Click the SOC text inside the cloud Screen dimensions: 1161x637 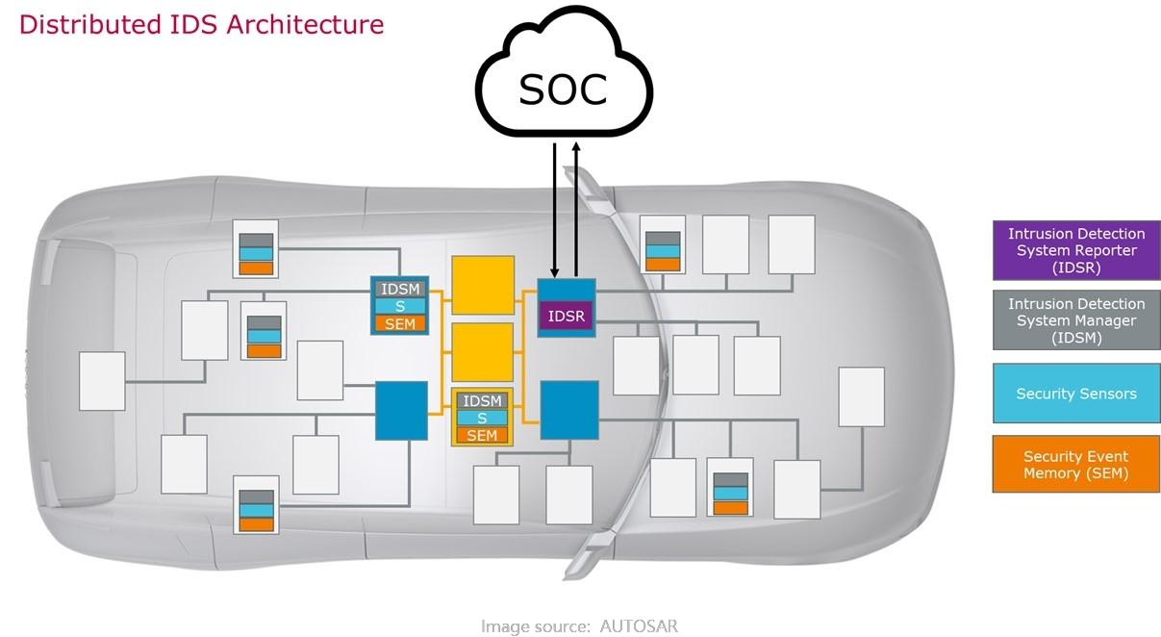[x=563, y=89]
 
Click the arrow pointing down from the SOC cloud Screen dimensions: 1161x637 [x=555, y=211]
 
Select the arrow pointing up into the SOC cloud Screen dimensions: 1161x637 [x=576, y=210]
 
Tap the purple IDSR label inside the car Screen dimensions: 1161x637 [x=566, y=316]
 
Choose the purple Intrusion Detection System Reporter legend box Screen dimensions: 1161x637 [x=1076, y=250]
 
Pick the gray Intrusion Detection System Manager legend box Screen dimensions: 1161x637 [x=1076, y=320]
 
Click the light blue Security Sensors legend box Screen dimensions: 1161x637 [x=1076, y=394]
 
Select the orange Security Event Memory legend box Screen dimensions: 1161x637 [x=1076, y=465]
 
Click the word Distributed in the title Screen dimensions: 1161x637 [x=89, y=24]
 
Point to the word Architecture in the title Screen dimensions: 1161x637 [x=305, y=24]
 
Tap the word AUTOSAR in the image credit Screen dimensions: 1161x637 [x=639, y=626]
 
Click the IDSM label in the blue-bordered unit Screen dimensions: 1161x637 [x=400, y=289]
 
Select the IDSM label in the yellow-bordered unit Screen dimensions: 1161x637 [x=482, y=400]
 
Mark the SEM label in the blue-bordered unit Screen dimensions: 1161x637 [x=400, y=324]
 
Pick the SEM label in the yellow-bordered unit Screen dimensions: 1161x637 [x=482, y=435]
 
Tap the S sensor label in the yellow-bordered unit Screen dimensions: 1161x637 [x=482, y=419]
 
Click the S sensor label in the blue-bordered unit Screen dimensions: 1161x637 [x=400, y=306]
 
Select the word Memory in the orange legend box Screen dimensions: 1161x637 [x=1050, y=473]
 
